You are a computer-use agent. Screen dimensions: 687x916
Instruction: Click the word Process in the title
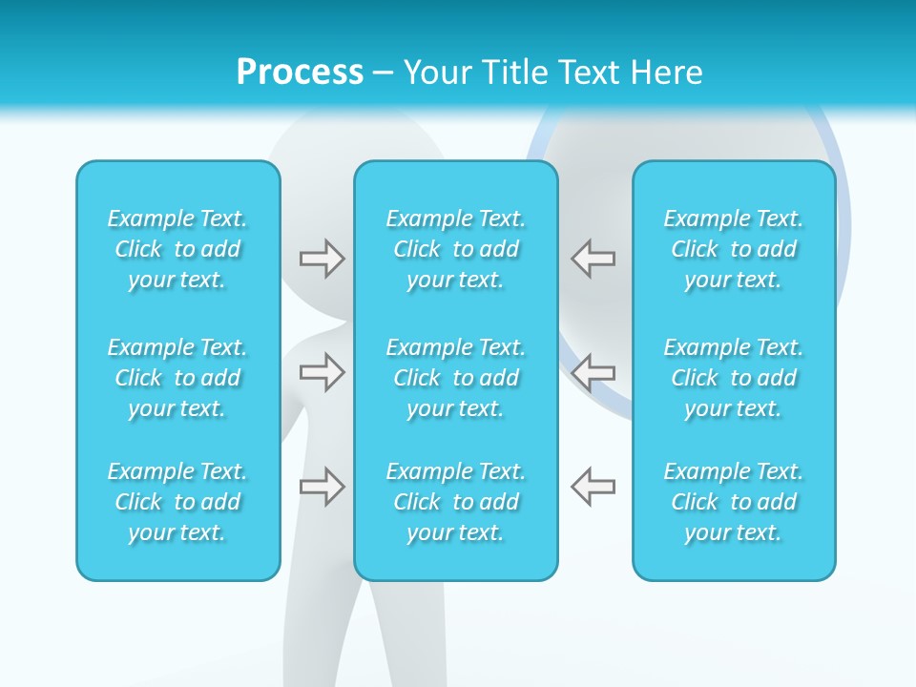[x=300, y=73]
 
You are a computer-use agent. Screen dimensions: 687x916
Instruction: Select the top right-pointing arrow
[x=322, y=259]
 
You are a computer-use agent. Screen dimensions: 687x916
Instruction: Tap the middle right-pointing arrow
[x=322, y=371]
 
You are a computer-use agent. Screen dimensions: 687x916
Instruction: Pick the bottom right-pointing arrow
[x=322, y=487]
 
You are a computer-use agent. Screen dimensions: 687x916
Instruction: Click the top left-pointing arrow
[x=593, y=259]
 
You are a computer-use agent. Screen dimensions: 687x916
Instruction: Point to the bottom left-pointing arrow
[x=593, y=487]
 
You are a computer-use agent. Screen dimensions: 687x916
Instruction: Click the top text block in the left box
[x=177, y=249]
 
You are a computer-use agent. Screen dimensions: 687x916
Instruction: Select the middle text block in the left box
[x=177, y=378]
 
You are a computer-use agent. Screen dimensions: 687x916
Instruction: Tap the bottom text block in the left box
[x=177, y=502]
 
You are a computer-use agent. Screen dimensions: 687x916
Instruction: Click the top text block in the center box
[x=456, y=249]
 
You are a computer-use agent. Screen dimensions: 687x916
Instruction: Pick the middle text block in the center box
[x=456, y=378]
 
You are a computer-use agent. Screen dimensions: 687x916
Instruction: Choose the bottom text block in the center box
[x=456, y=502]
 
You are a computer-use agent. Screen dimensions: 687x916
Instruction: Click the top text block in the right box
[x=734, y=249]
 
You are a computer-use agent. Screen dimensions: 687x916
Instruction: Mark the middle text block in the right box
[x=734, y=378]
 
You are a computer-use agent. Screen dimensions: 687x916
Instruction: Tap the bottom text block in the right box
[x=734, y=502]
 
